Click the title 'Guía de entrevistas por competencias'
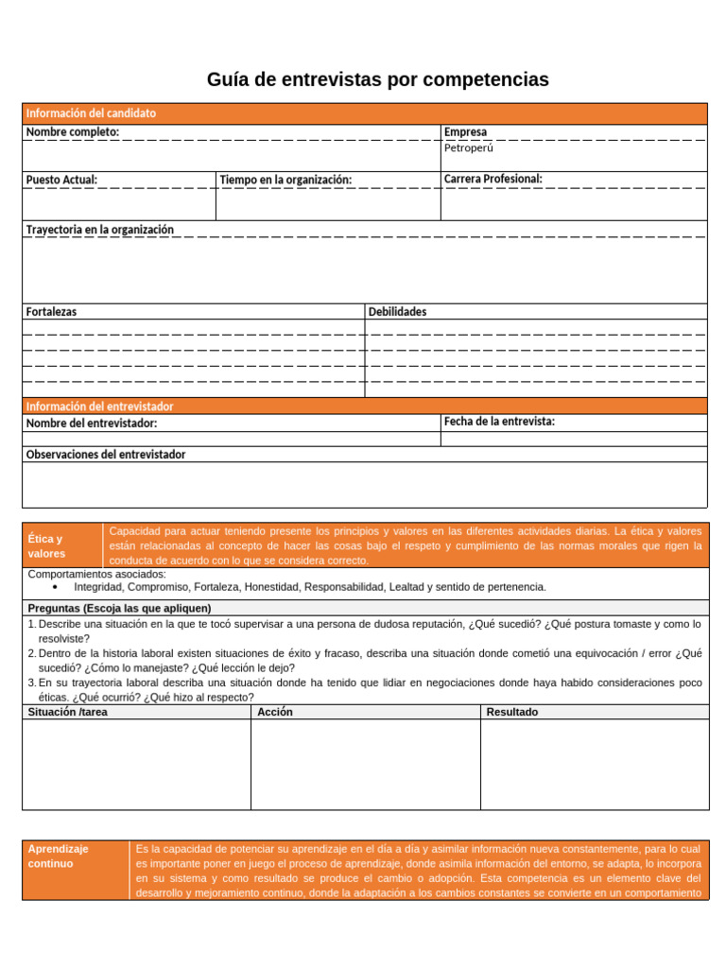377,80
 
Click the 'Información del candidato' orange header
91,113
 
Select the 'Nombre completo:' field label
73,132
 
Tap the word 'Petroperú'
469,148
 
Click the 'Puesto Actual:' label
61,180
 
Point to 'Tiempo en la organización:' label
285,180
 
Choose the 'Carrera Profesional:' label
493,179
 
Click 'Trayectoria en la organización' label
99,230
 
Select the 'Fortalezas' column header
52,311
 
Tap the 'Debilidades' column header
397,311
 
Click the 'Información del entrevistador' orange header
99,406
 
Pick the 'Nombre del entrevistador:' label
92,423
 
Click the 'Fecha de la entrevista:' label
499,422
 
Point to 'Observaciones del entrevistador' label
106,455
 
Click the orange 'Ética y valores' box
62,545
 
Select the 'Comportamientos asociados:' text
96,574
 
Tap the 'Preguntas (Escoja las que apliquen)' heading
119,608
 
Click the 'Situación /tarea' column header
68,712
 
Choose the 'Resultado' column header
511,712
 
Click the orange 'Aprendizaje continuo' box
76,869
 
